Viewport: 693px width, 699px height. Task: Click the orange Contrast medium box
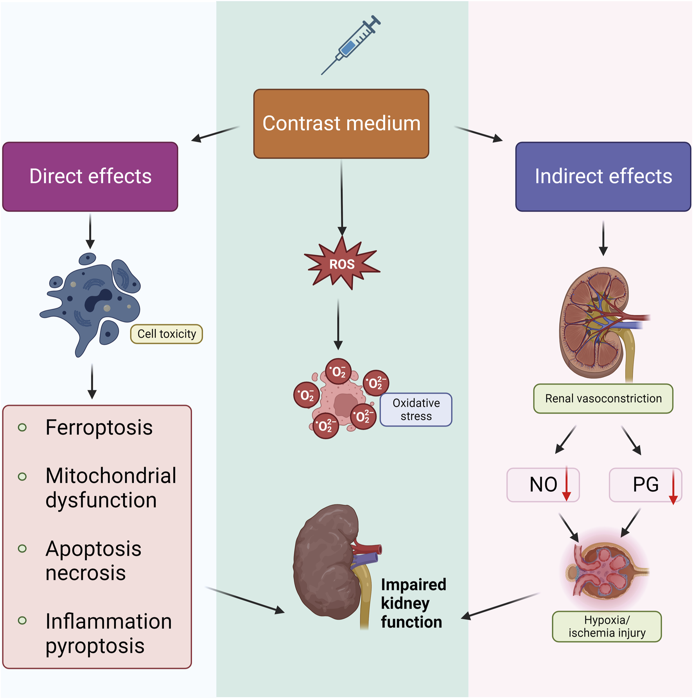pyautogui.click(x=341, y=124)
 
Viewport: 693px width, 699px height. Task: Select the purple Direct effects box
pyautogui.click(x=90, y=176)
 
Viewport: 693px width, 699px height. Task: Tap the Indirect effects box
pyautogui.click(x=603, y=176)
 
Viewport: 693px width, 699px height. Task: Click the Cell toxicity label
pyautogui.click(x=167, y=334)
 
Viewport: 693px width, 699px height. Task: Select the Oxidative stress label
pyautogui.click(x=416, y=409)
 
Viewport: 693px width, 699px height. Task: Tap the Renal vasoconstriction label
pyautogui.click(x=603, y=398)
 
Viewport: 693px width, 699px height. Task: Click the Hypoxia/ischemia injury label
pyautogui.click(x=607, y=626)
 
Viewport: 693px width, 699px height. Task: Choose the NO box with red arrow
pyautogui.click(x=543, y=485)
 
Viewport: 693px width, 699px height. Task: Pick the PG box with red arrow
pyautogui.click(x=645, y=485)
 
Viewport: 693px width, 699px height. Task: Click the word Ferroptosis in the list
pyautogui.click(x=99, y=427)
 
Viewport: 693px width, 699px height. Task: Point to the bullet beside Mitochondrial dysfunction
pyautogui.click(x=22, y=477)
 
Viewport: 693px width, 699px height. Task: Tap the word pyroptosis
pyautogui.click(x=95, y=646)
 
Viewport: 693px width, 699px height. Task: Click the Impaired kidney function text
pyautogui.click(x=413, y=603)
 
